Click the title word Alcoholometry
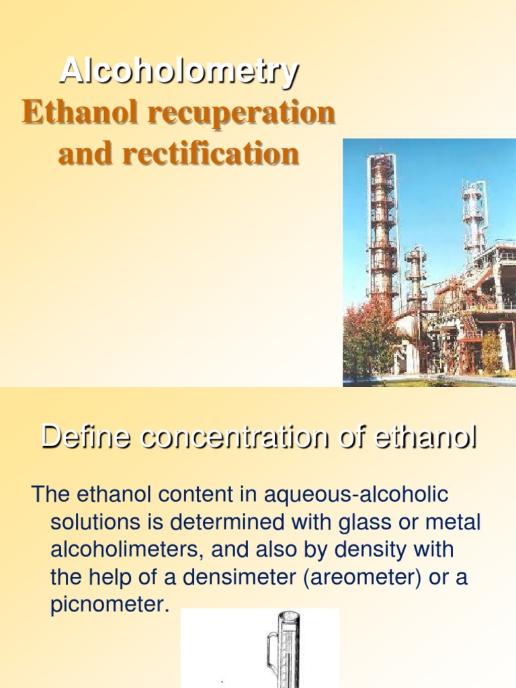(x=179, y=71)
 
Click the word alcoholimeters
(x=127, y=550)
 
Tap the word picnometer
(x=107, y=605)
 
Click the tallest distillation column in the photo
(x=383, y=228)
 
